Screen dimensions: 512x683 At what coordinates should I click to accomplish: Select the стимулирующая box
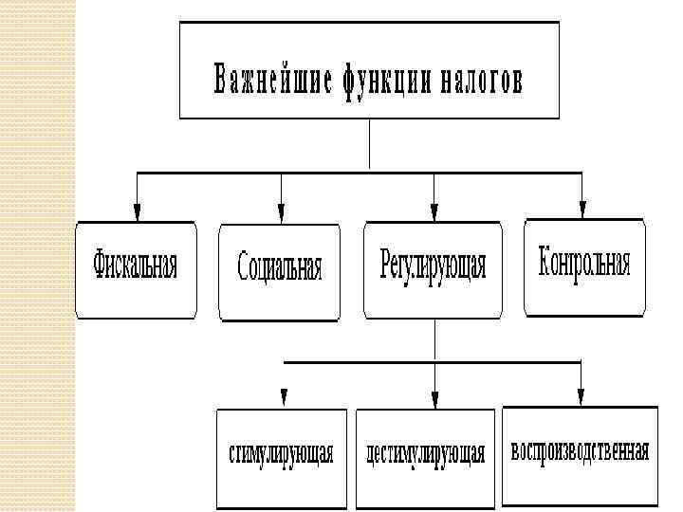pyautogui.click(x=282, y=455)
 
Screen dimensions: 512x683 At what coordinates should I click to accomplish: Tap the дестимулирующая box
pyautogui.click(x=425, y=455)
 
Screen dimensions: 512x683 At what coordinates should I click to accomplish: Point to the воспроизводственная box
pyautogui.click(x=580, y=453)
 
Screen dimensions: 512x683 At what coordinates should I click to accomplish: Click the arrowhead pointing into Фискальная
pyautogui.click(x=138, y=212)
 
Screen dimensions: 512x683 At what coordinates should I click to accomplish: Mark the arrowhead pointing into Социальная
pyautogui.click(x=281, y=212)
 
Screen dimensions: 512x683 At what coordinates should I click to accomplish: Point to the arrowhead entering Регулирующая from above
pyautogui.click(x=434, y=212)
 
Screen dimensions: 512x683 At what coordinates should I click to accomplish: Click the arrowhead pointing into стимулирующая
pyautogui.click(x=283, y=397)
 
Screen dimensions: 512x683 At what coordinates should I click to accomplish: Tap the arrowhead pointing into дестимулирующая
pyautogui.click(x=434, y=397)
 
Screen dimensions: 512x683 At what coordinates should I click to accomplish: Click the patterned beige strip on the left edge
pyautogui.click(x=38, y=256)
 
